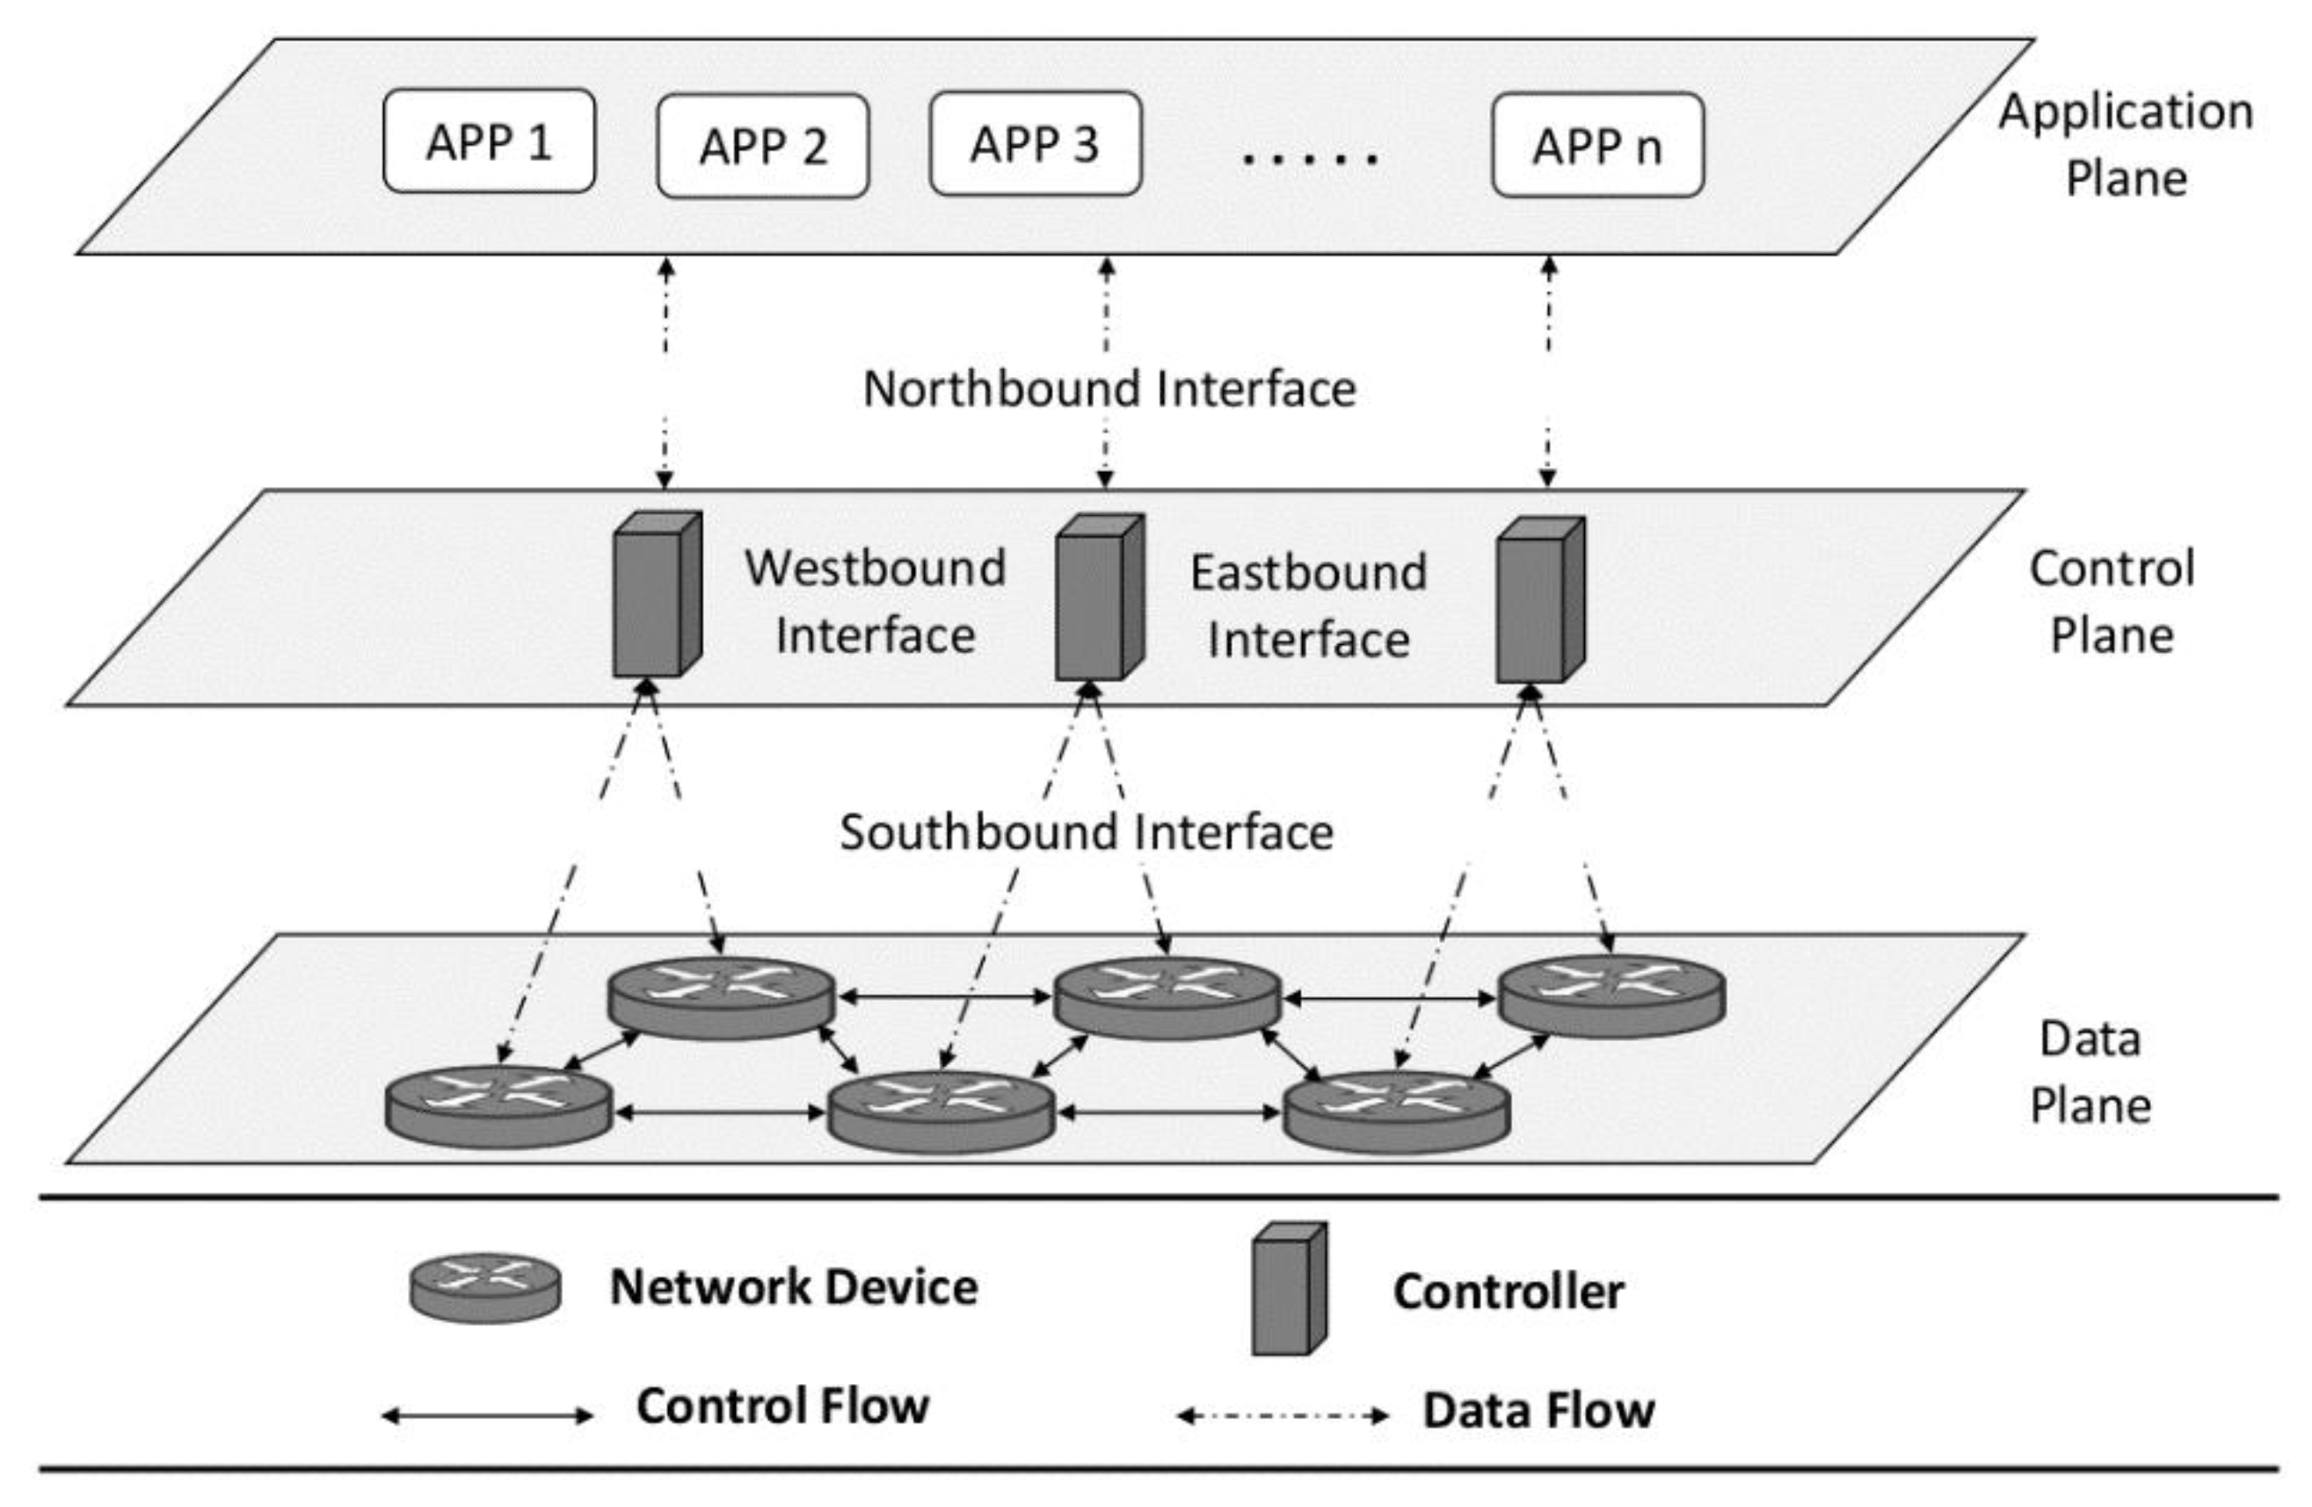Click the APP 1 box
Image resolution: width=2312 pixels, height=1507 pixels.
point(489,141)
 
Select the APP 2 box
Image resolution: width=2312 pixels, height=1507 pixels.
point(762,147)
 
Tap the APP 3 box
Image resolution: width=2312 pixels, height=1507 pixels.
point(1035,145)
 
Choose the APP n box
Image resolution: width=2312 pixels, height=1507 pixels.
point(1597,146)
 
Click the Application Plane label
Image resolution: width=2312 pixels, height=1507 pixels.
point(2126,145)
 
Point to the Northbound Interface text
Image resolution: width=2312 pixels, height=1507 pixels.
point(1109,389)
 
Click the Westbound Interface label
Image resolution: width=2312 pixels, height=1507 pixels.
point(875,602)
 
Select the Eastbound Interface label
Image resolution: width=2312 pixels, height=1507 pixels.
point(1308,606)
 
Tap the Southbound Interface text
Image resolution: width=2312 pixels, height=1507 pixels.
point(1086,832)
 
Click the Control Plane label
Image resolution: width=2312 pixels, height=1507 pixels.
point(2111,602)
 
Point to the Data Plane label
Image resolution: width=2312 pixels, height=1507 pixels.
point(2090,1072)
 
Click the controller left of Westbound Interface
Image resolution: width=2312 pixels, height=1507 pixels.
point(657,594)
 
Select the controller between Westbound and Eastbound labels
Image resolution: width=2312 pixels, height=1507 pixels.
point(1099,598)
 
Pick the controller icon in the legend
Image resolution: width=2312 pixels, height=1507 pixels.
point(1288,1288)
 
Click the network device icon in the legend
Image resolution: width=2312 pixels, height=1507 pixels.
point(484,1287)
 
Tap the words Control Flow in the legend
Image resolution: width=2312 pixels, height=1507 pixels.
point(782,1406)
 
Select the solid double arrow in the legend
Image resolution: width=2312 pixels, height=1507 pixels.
point(487,1416)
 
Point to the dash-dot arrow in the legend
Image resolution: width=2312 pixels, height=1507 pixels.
point(1283,1416)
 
